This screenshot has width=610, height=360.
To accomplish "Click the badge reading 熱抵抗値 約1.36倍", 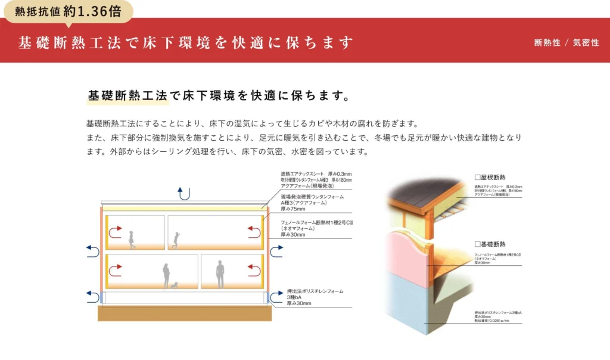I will coord(67,10).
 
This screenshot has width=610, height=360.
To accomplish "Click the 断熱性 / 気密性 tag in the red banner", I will coord(567,43).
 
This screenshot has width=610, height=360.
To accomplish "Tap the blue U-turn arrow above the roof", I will coord(185,193).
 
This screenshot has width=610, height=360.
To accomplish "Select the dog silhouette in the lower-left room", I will coord(174,285).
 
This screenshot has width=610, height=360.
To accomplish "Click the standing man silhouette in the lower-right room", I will coord(220,275).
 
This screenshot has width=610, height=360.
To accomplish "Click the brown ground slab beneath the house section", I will coord(185,314).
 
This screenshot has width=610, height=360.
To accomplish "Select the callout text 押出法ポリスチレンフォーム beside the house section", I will coord(315,291).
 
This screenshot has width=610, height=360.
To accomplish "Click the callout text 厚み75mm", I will coord(293,209).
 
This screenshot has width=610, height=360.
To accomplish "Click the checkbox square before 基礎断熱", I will coord(477,244).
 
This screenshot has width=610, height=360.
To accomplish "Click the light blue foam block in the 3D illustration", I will coord(411,298).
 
